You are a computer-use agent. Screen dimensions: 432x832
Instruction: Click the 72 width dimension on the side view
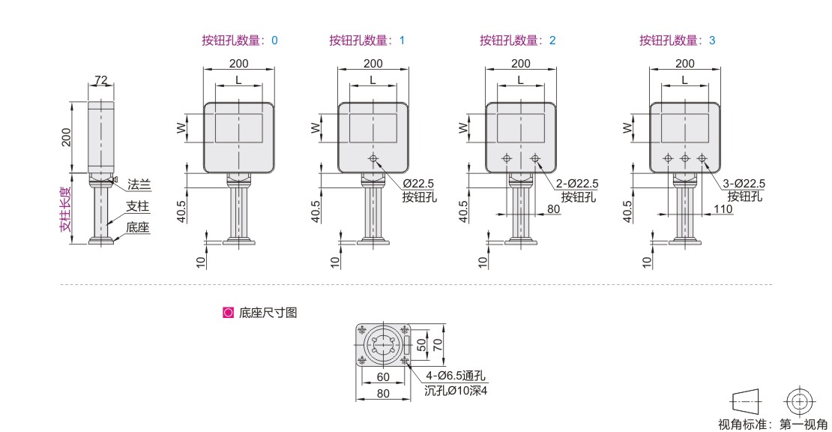point(102,79)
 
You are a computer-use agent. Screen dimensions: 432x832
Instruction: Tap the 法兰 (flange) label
point(139,184)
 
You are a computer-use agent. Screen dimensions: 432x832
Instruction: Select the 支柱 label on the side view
point(137,205)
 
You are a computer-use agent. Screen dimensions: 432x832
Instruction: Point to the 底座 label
point(137,226)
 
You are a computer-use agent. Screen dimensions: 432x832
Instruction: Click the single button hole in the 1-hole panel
point(373,158)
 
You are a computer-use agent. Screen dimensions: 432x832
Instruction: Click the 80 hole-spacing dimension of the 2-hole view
point(553,209)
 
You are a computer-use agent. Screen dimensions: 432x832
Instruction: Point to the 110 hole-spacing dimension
point(723,209)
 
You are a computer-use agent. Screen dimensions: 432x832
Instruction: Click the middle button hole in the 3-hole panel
point(684,158)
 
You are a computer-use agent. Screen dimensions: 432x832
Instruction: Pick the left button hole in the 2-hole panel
point(507,158)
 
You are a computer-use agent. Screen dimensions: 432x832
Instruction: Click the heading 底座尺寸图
point(268,313)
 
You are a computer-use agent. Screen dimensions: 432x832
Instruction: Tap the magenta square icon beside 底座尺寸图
point(228,313)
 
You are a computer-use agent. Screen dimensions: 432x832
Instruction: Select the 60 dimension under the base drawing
point(383,376)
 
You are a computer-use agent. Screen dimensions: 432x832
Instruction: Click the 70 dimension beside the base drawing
point(440,344)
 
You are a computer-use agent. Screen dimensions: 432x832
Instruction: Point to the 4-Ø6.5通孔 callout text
point(456,376)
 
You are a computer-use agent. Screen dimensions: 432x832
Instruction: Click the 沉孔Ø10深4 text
point(456,390)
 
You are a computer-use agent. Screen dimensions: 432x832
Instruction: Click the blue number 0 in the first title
point(274,40)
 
